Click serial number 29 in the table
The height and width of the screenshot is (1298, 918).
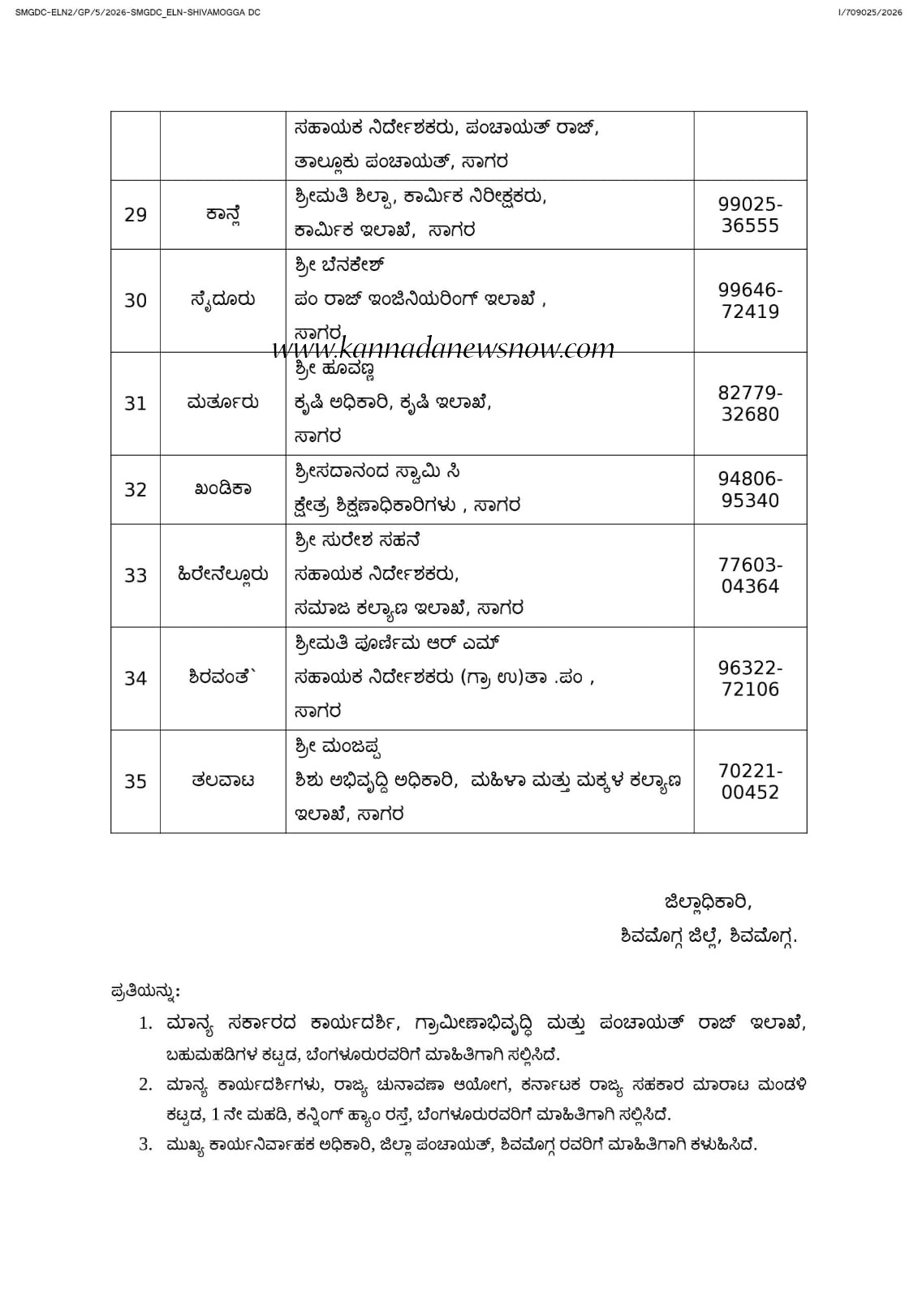tap(136, 215)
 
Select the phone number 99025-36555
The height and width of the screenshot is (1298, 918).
tap(750, 215)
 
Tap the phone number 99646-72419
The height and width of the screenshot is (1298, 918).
tap(750, 301)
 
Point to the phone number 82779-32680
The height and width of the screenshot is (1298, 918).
tap(750, 404)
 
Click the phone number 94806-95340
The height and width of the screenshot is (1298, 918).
tap(750, 490)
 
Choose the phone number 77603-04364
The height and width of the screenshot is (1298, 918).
tap(750, 576)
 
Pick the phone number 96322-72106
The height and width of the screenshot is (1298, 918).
tap(750, 679)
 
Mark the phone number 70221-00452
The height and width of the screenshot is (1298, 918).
tap(750, 782)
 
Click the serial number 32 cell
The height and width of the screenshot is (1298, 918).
tap(136, 490)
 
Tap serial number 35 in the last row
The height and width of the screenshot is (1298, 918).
tap(136, 782)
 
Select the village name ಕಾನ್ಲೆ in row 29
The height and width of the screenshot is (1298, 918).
tap(222, 215)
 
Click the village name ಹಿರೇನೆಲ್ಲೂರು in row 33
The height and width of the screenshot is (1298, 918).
tap(222, 575)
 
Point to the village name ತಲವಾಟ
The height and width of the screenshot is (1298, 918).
tap(222, 781)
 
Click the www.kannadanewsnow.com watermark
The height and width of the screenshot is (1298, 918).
tap(443, 349)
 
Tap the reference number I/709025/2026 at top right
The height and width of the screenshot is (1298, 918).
tap(869, 12)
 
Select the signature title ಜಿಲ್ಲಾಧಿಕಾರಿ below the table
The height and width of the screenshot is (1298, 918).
tap(708, 902)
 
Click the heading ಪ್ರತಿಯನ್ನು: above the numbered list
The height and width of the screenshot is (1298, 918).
tap(145, 991)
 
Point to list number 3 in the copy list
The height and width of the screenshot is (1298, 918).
tap(145, 1145)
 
